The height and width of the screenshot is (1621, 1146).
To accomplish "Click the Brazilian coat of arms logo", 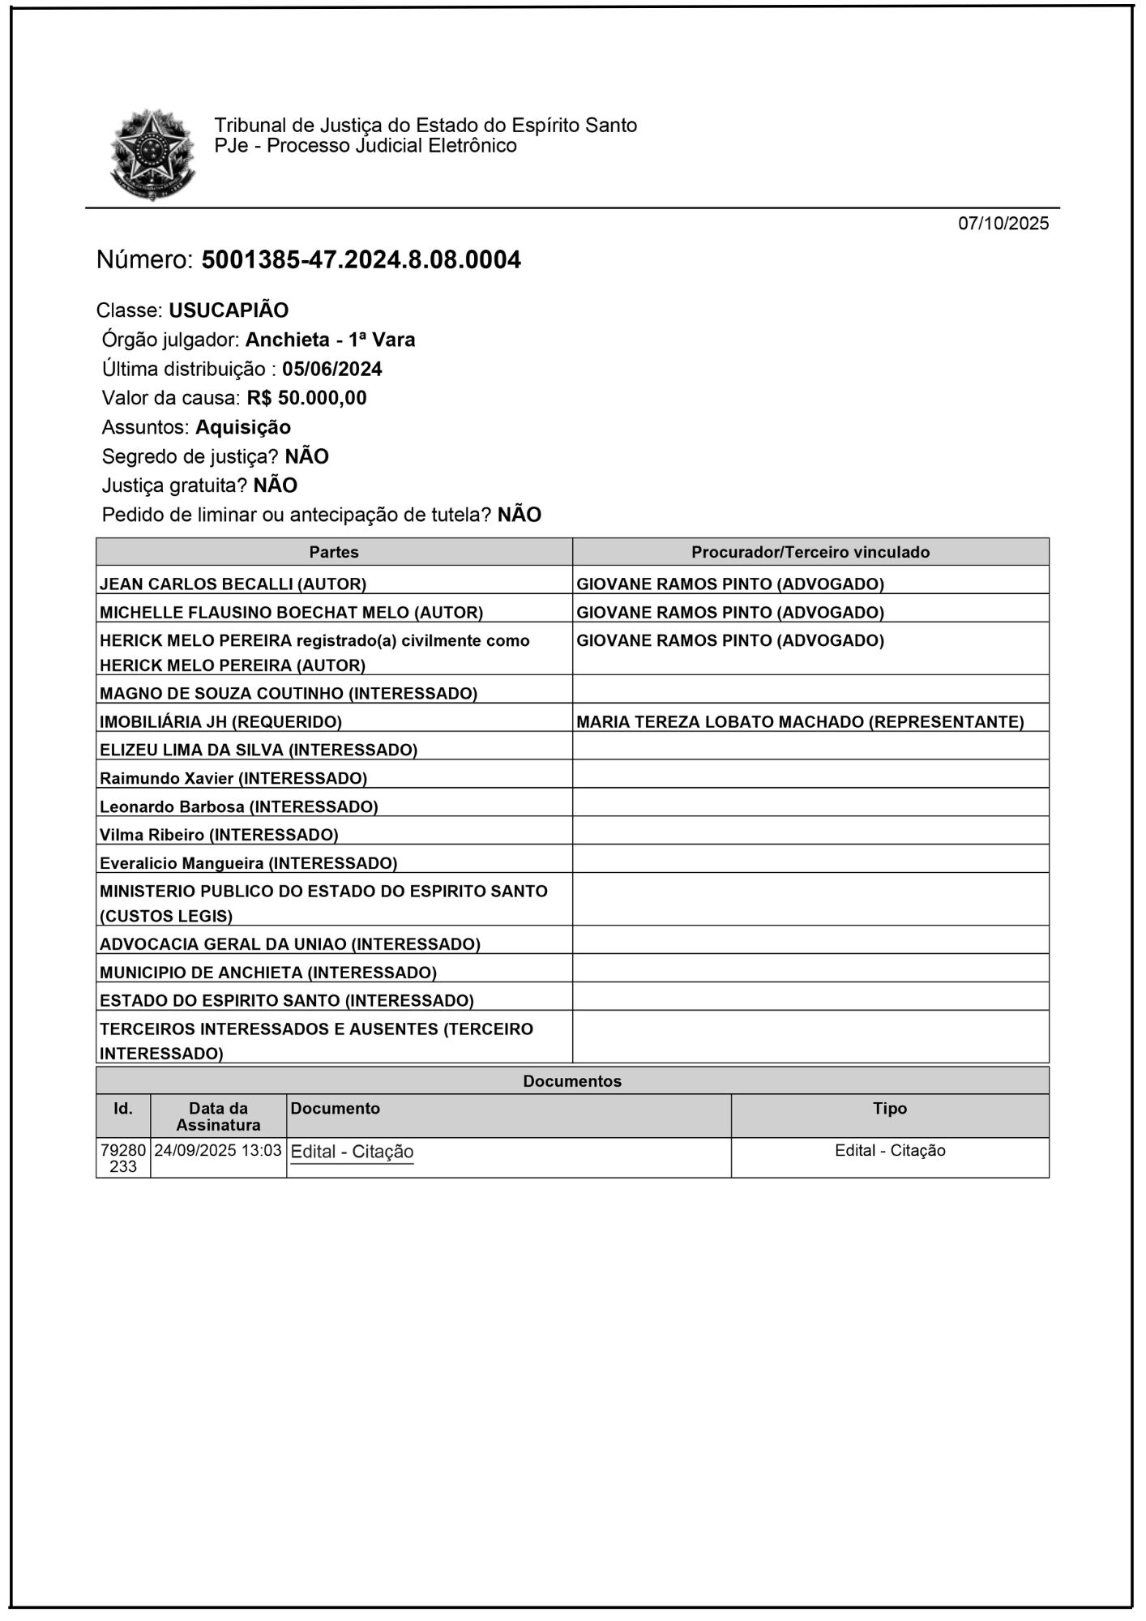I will coord(152,154).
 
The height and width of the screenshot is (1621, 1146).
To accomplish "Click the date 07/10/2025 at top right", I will coord(1003,224).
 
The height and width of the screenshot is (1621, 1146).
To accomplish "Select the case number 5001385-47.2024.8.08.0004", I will coord(361,260).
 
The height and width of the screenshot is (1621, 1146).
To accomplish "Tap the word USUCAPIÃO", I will coord(229,310).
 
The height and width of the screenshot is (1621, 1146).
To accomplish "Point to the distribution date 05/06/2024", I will coord(332,370).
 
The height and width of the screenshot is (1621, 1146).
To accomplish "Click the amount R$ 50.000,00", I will coord(306,398).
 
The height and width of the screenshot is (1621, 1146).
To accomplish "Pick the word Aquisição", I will coord(243,427).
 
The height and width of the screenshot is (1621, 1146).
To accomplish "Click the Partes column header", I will coord(334,552).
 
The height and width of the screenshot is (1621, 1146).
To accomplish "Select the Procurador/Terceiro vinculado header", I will coord(810,552).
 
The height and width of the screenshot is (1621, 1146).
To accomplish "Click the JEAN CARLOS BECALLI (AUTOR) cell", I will coord(233,584).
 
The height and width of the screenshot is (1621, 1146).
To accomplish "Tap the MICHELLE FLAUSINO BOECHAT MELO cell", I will coord(291,612).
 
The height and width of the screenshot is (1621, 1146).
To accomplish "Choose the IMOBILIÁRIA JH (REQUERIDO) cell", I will coord(220,721).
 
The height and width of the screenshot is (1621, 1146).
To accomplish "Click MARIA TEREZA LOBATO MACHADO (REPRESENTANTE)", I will coord(800,721).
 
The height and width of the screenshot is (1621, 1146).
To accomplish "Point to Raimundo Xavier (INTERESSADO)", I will coord(233,778).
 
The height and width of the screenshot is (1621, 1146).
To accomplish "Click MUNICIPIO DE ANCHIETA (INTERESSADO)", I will coord(268,972).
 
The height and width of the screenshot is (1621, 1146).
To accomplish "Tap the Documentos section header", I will coord(572,1081).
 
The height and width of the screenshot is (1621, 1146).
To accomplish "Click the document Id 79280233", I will coord(123,1158).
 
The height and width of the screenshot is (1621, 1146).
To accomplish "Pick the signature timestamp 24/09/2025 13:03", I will coord(218,1150).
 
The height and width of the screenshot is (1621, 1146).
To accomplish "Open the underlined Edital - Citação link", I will coord(352,1152).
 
